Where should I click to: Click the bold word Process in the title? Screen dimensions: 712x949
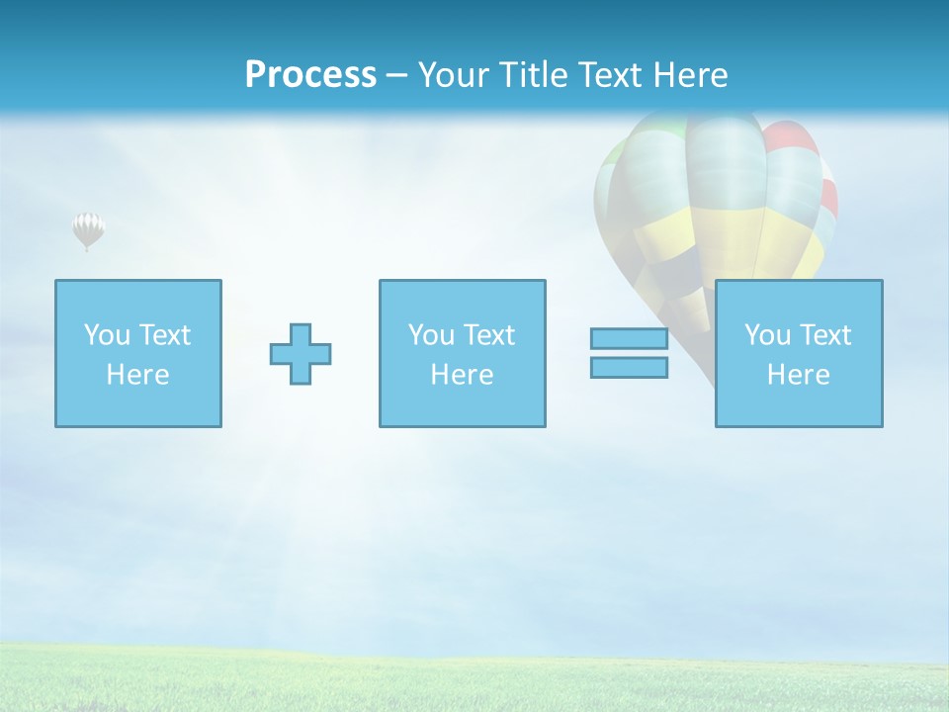(310, 75)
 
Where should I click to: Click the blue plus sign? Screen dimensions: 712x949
(301, 353)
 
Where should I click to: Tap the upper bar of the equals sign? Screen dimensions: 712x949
(629, 338)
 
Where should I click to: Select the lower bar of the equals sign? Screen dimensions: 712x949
(629, 367)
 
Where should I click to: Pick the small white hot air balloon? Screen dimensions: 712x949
(88, 229)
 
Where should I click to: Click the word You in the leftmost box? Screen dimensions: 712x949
(107, 335)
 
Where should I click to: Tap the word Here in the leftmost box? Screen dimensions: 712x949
(137, 375)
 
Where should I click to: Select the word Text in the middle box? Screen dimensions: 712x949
(489, 335)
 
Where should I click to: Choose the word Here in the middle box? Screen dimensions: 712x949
(462, 375)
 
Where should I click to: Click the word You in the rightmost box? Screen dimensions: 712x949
(767, 335)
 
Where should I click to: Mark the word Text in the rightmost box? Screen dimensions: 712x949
(825, 335)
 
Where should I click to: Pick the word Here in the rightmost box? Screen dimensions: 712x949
(798, 375)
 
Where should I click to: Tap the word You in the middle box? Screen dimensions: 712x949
(431, 335)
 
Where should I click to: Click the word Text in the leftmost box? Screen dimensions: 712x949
(165, 335)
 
